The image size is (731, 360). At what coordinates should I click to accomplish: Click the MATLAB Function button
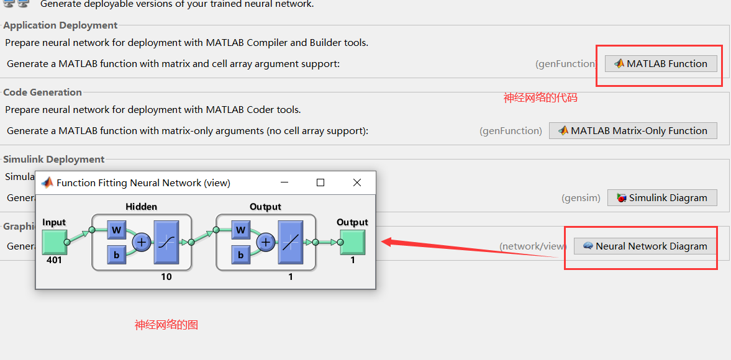(x=661, y=63)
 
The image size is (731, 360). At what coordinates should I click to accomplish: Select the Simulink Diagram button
(x=661, y=198)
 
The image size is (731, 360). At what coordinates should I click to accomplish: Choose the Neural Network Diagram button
(x=645, y=246)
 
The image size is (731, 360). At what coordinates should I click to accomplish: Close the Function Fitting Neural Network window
(x=357, y=182)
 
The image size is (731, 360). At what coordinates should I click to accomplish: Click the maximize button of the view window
(x=320, y=182)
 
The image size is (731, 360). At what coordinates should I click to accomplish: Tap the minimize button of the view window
(x=284, y=182)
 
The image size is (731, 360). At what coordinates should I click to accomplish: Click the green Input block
(x=54, y=242)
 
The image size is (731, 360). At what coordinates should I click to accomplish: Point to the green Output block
(x=352, y=242)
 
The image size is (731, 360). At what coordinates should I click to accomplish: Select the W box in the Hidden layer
(x=116, y=230)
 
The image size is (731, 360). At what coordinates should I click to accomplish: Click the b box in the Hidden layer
(x=116, y=254)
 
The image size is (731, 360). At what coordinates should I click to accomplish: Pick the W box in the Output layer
(x=240, y=230)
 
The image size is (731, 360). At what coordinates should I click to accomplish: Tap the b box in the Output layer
(x=240, y=254)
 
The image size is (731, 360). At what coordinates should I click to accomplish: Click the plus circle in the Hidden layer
(x=142, y=242)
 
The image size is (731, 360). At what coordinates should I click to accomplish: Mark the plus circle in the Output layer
(x=266, y=242)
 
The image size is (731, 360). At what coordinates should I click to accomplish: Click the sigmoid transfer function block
(x=166, y=242)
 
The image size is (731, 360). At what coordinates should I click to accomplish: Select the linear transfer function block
(x=290, y=242)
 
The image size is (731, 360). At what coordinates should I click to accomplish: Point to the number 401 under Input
(x=54, y=260)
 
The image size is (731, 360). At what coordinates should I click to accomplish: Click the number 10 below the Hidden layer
(x=166, y=277)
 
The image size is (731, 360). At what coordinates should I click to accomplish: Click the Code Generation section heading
(x=43, y=92)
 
